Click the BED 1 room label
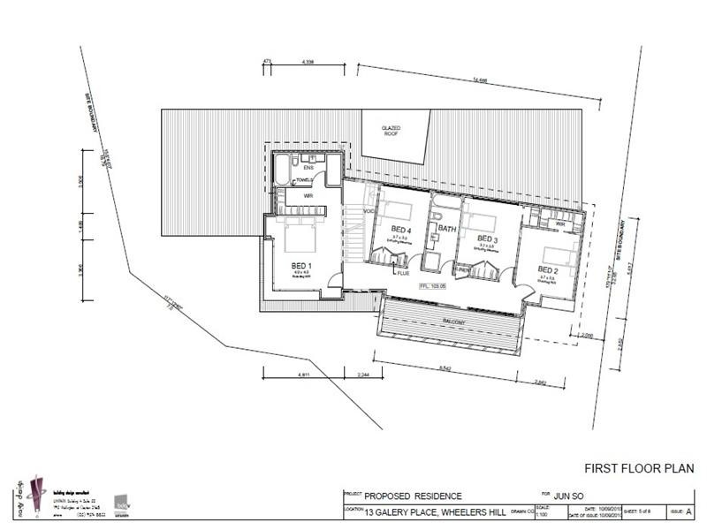300,264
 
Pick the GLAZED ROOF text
392,132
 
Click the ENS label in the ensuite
309,166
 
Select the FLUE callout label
403,274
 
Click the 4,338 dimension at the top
308,63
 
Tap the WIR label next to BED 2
561,223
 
